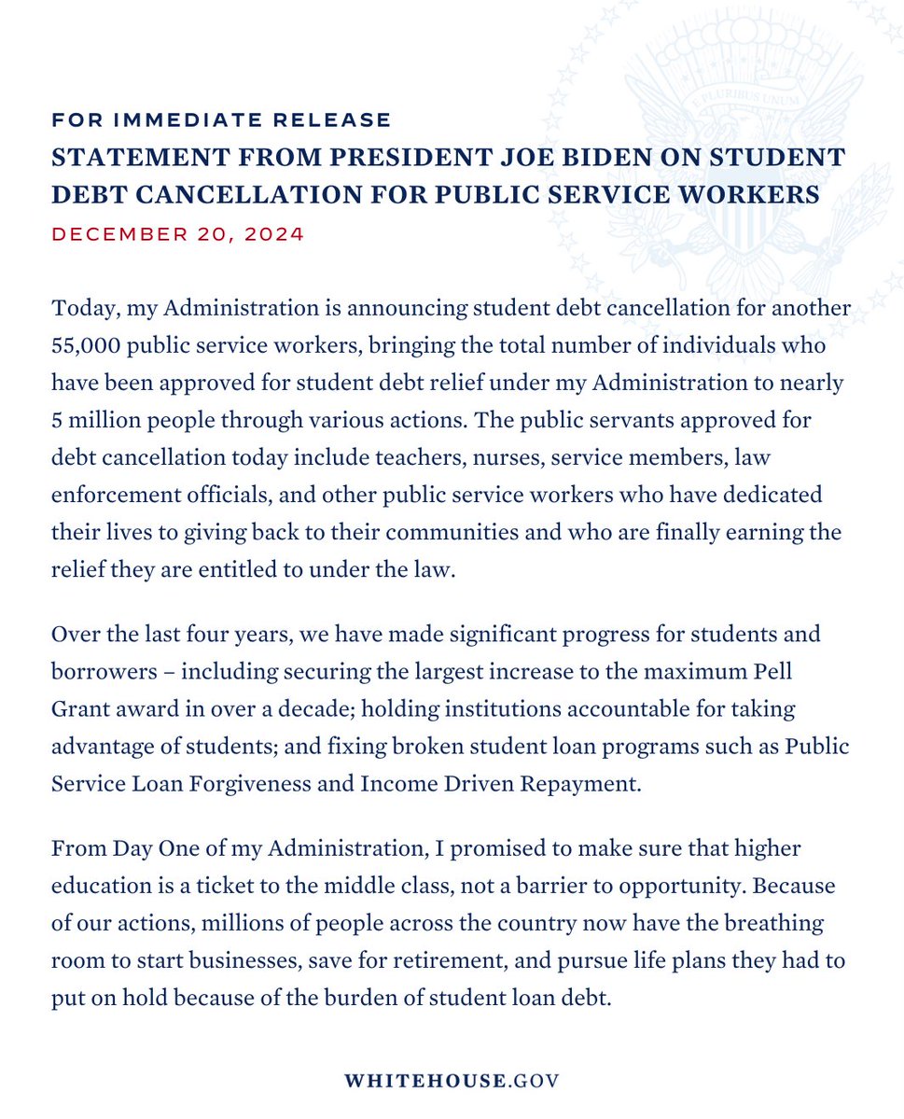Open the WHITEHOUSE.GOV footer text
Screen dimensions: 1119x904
[452, 1081]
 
